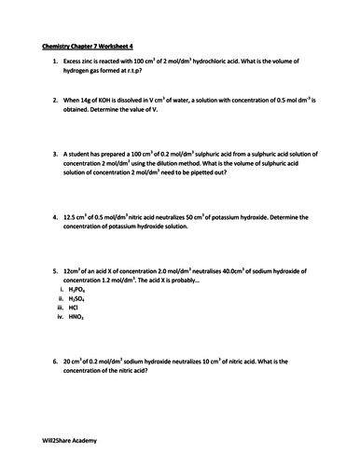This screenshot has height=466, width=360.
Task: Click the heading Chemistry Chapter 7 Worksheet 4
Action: pyautogui.click(x=85, y=44)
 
